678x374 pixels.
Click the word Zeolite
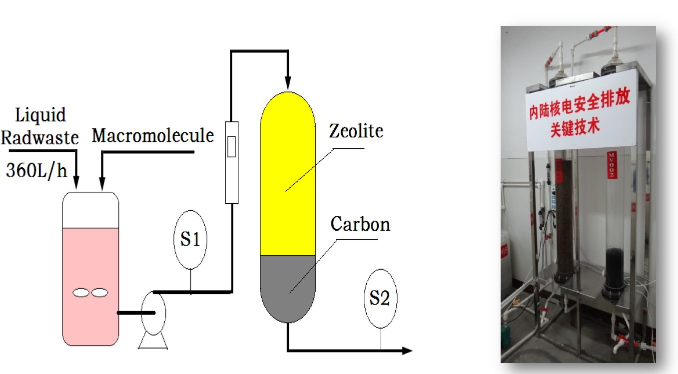[356, 131]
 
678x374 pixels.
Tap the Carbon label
[360, 224]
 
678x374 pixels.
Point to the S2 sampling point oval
[380, 299]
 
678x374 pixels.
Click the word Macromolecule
[153, 135]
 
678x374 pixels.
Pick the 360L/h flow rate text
[36, 171]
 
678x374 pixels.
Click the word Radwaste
[39, 137]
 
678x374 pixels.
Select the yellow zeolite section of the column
[288, 175]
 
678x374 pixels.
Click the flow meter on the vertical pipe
[231, 162]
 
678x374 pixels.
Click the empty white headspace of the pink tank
[90, 210]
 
